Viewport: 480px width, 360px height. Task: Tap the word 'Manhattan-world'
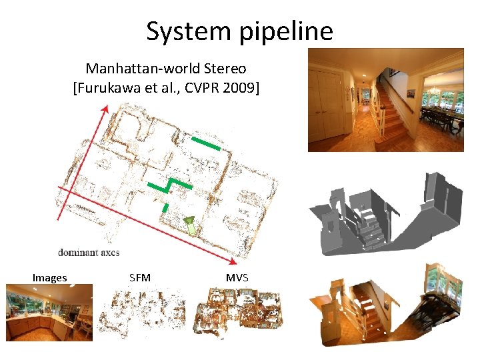pyautogui.click(x=133, y=68)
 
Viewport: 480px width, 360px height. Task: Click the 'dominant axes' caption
pyautogui.click(x=89, y=253)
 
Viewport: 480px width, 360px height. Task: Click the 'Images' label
pyautogui.click(x=50, y=277)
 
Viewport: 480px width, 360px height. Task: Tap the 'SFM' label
pyautogui.click(x=139, y=277)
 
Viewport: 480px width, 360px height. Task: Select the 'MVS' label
pyautogui.click(x=237, y=277)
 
